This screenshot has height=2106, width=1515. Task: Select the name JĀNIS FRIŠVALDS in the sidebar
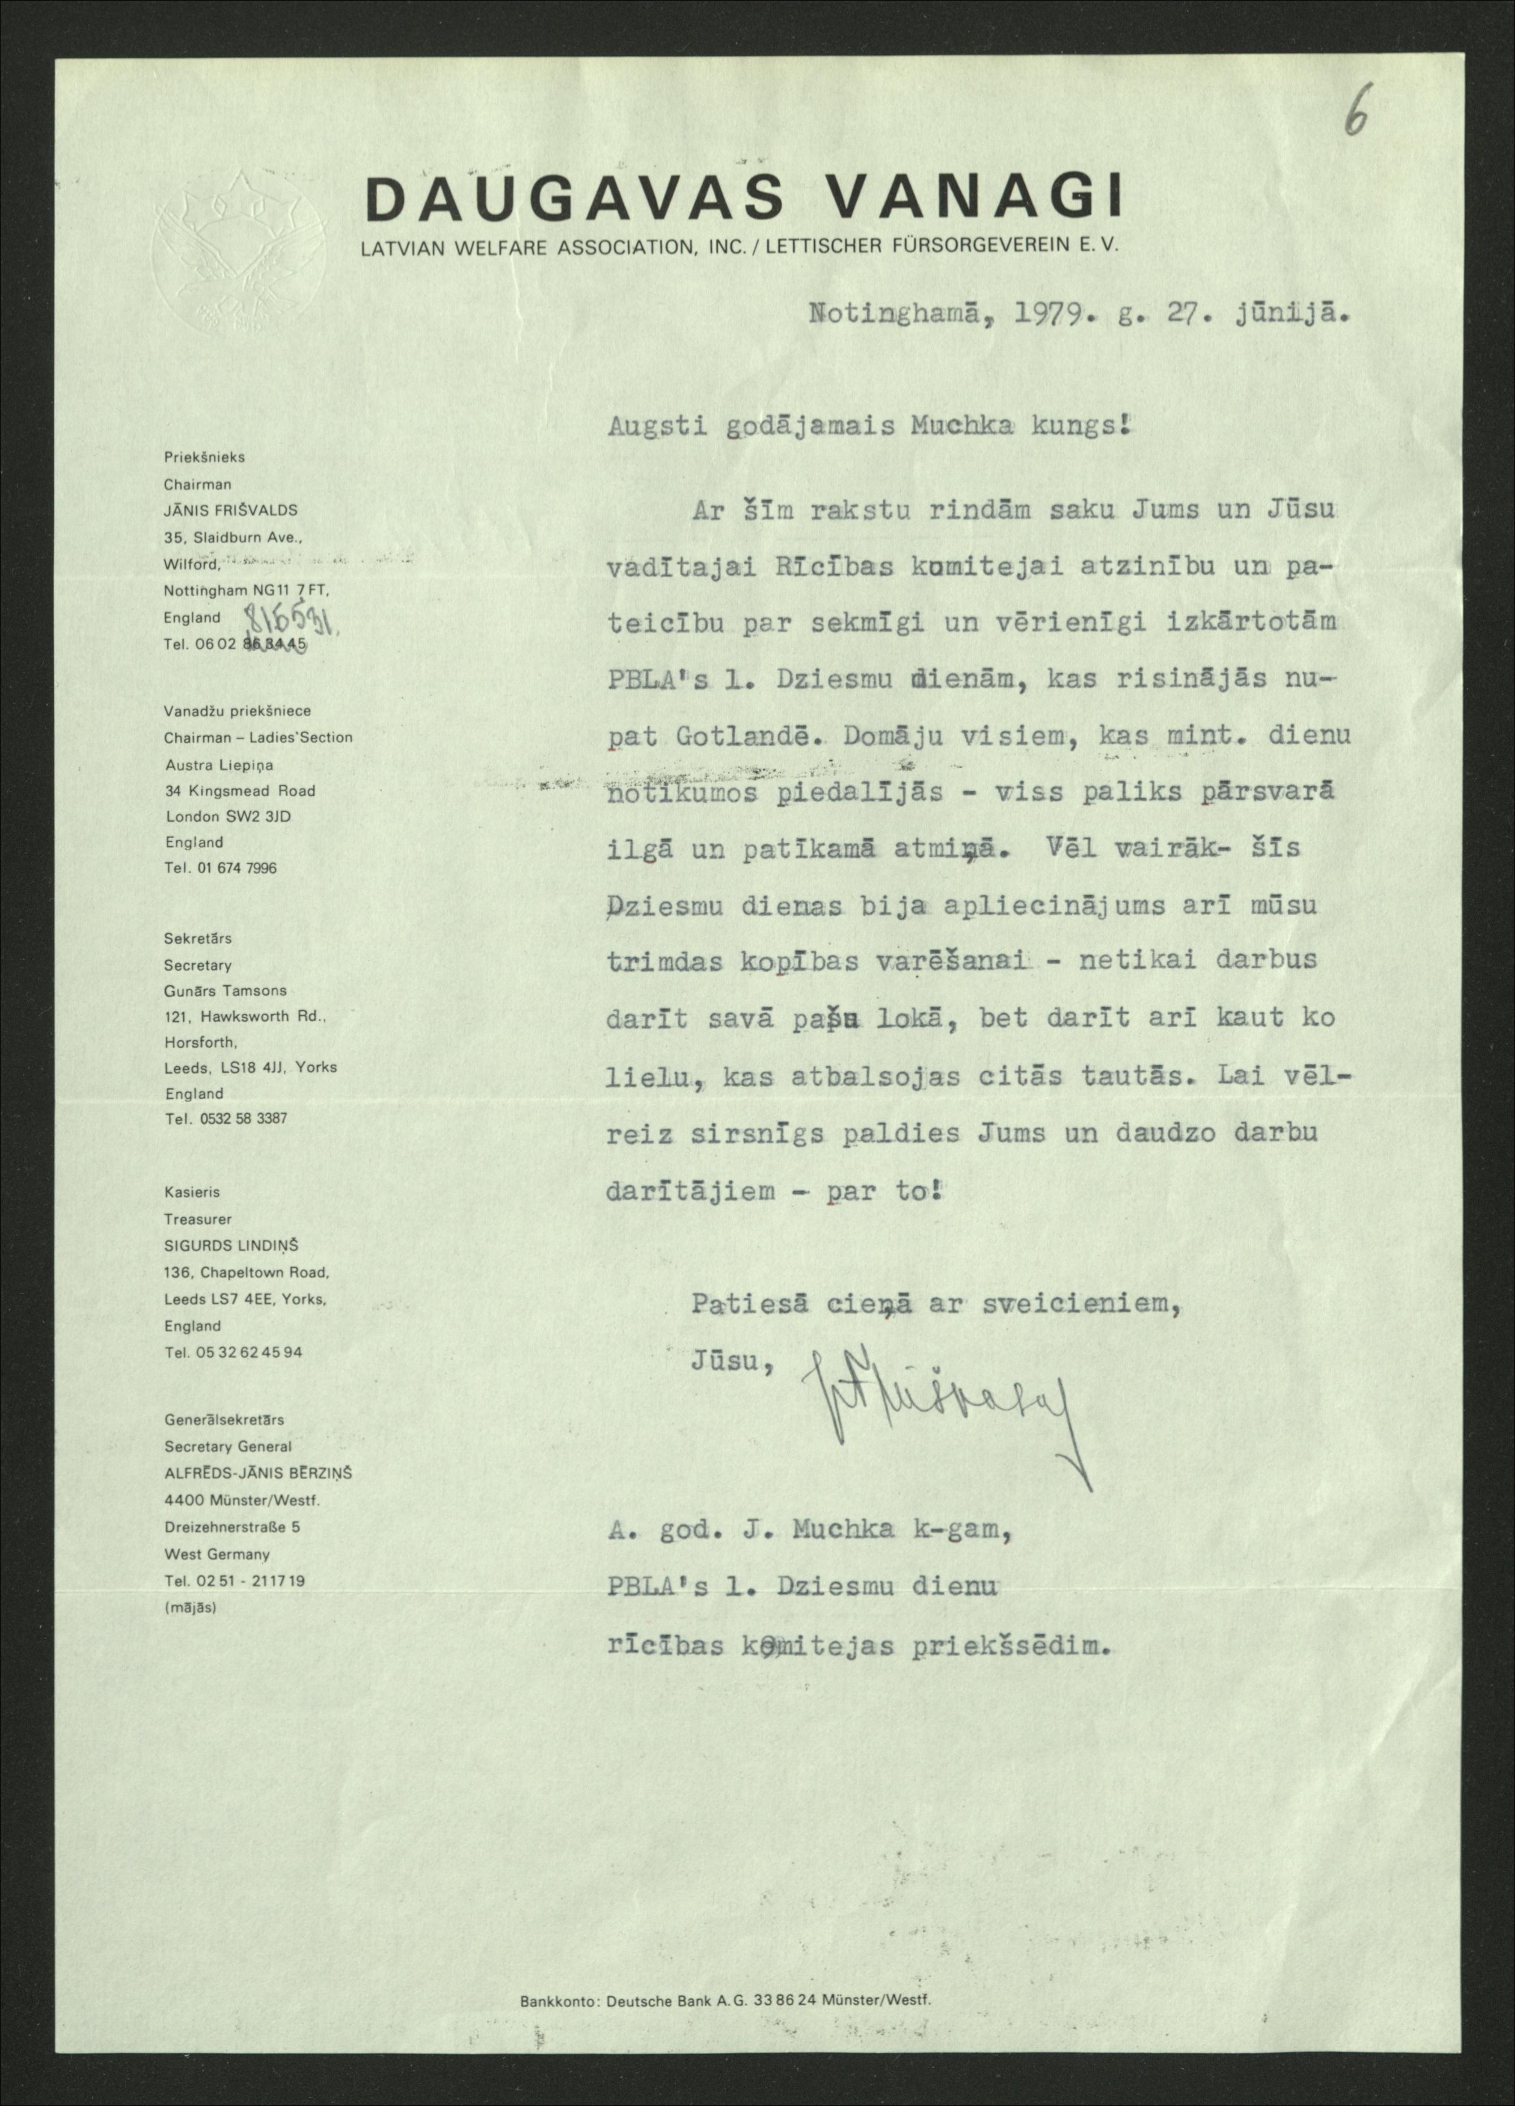[231, 510]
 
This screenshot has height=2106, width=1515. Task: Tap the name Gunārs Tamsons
[226, 991]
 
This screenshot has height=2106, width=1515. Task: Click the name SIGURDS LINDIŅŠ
[232, 1245]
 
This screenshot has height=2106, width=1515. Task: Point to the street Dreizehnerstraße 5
[232, 1527]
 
